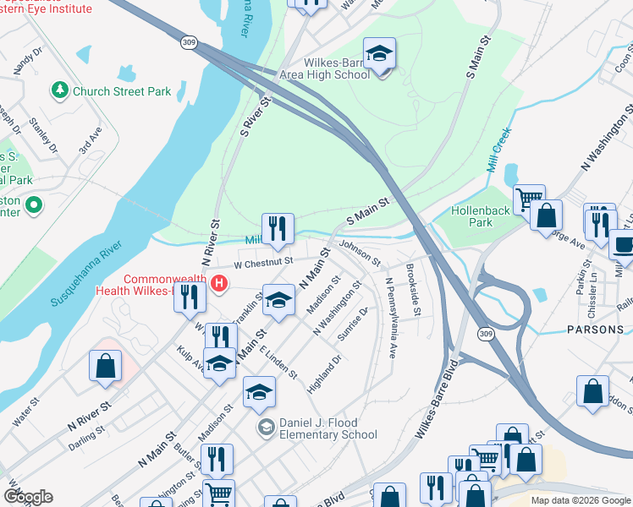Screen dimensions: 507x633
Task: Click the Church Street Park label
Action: pyautogui.click(x=122, y=91)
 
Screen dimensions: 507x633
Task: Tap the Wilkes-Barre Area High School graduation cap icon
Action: pyautogui.click(x=380, y=55)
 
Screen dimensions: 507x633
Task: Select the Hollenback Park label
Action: pyautogui.click(x=471, y=216)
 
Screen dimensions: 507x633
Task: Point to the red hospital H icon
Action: pyautogui.click(x=219, y=283)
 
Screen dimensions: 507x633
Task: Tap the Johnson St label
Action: pyautogui.click(x=361, y=252)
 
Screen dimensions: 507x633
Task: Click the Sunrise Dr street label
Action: pyautogui.click(x=353, y=327)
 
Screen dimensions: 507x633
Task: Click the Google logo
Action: pyautogui.click(x=28, y=497)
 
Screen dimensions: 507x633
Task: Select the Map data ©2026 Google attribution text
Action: pyautogui.click(x=581, y=500)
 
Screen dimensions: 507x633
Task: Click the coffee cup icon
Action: pyautogui.click(x=624, y=245)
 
